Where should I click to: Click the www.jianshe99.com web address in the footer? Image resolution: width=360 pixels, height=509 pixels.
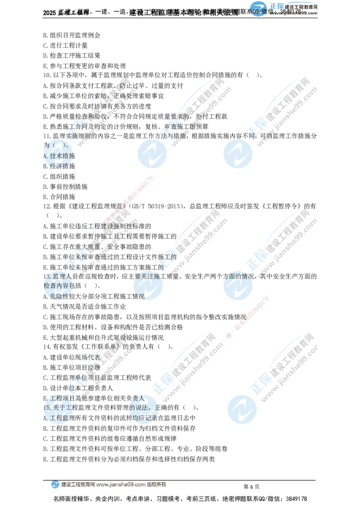tap(121, 485)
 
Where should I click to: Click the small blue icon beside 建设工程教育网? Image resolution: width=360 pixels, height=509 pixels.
tap(55, 485)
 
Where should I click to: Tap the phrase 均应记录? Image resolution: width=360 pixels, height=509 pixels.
tap(143, 418)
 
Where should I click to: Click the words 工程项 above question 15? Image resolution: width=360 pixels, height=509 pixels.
tap(59, 398)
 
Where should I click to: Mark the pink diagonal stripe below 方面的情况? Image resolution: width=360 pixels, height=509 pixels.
tap(247, 317)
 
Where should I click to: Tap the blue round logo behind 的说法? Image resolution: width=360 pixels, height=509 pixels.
tap(144, 409)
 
